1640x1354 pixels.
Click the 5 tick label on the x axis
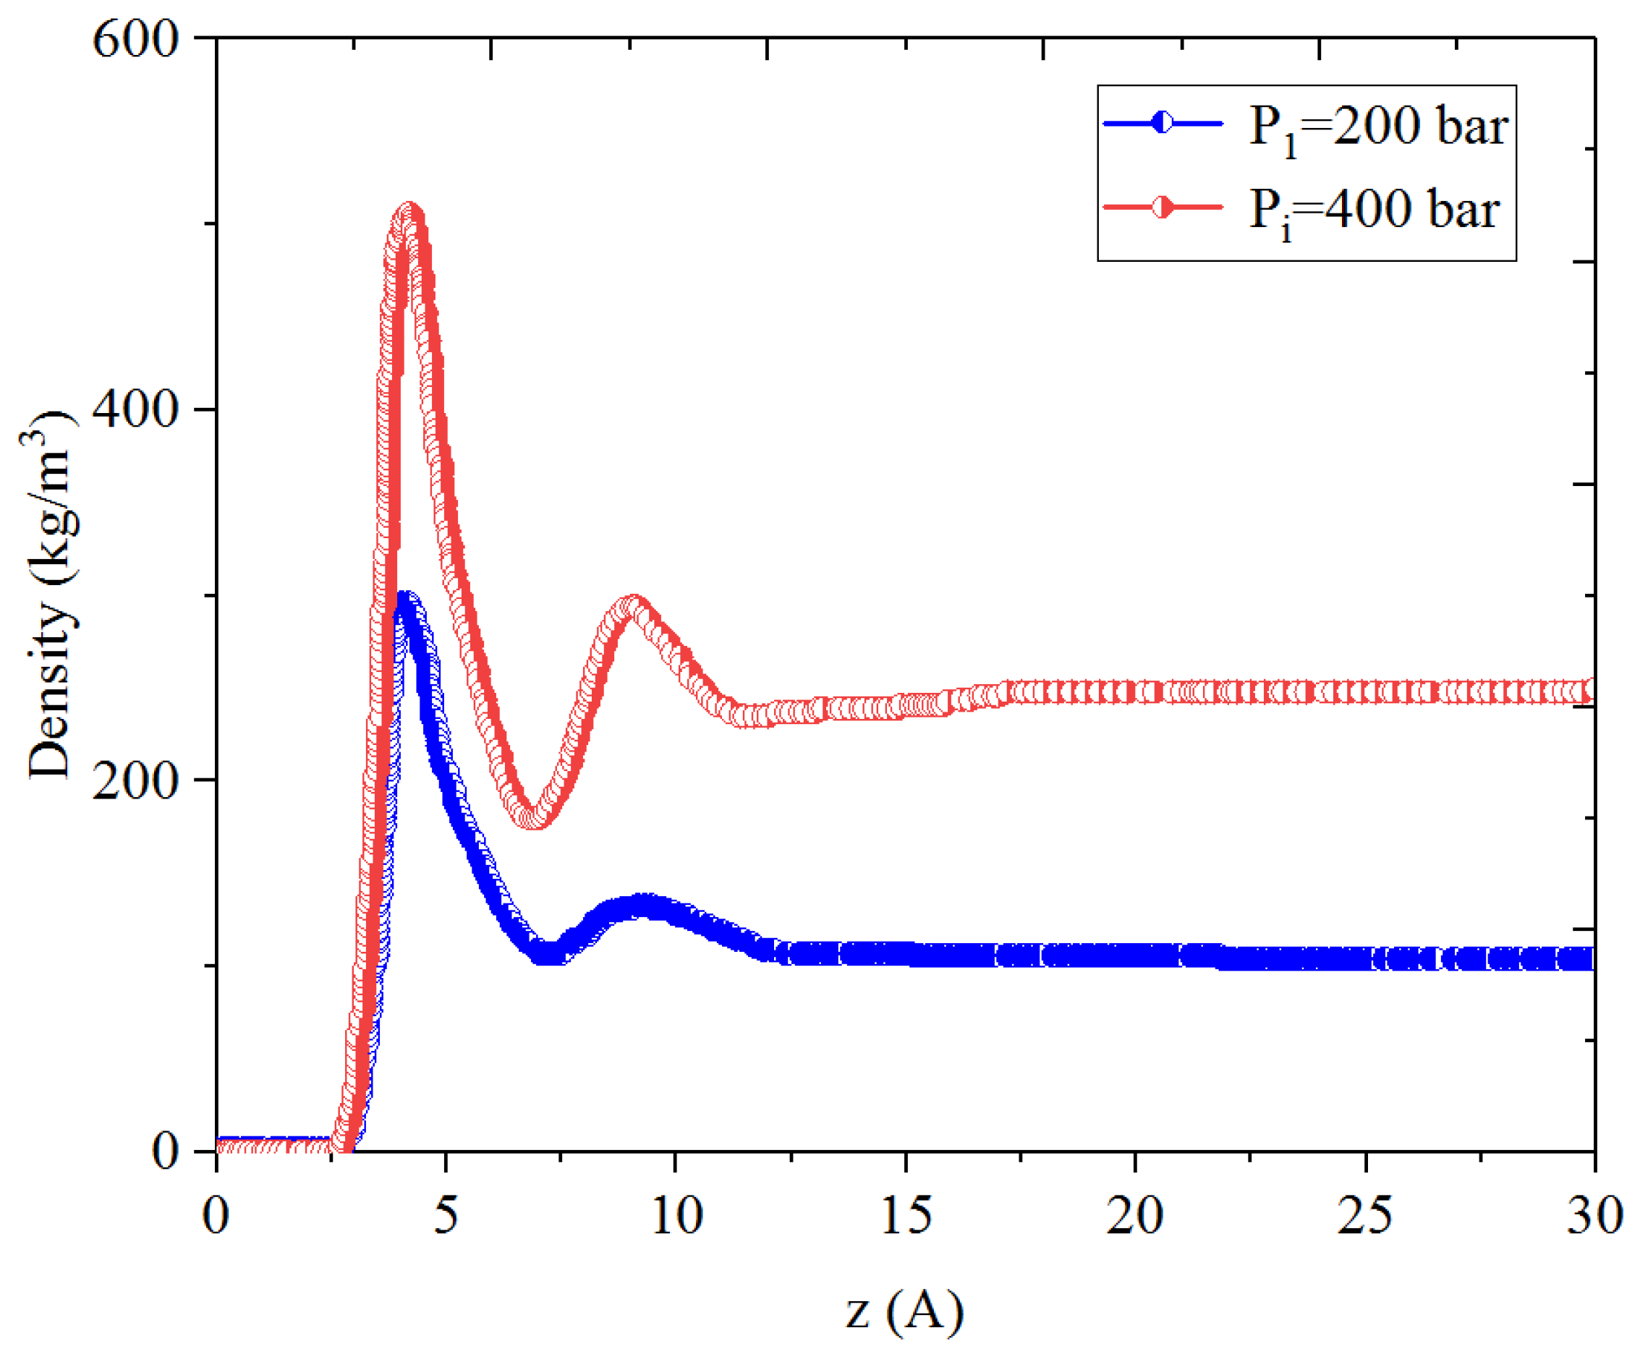point(446,1215)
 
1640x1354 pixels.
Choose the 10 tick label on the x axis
point(676,1215)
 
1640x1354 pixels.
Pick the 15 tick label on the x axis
point(905,1215)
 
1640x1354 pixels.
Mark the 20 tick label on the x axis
point(1134,1215)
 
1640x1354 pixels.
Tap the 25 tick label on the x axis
point(1364,1215)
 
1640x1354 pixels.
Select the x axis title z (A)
point(905,1311)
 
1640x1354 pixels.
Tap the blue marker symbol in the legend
point(1162,122)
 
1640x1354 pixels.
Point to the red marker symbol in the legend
point(1162,207)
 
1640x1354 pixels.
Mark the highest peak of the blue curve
point(405,600)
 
